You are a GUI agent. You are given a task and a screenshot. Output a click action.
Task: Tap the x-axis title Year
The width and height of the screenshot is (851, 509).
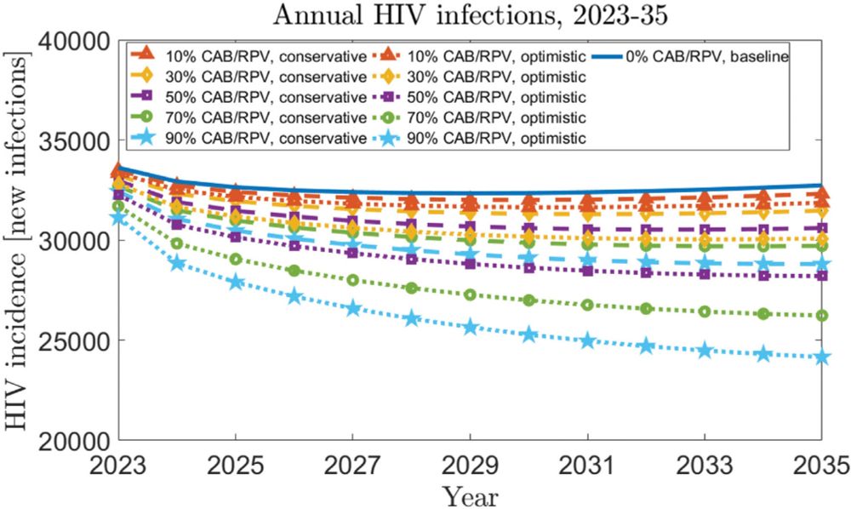click(469, 495)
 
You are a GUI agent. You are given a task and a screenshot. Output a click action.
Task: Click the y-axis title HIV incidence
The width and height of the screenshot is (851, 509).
click(15, 240)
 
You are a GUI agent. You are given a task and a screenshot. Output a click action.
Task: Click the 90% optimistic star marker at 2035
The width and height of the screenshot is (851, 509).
click(822, 357)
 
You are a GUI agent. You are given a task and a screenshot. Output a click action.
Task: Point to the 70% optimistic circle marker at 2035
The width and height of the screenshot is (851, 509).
click(822, 316)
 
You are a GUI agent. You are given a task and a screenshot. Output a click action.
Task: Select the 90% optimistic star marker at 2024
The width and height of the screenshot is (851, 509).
click(177, 263)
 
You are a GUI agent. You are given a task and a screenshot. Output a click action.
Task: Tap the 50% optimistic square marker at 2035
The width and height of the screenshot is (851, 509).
click(822, 276)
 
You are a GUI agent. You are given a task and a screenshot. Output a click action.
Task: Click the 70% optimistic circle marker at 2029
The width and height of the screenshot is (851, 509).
click(470, 295)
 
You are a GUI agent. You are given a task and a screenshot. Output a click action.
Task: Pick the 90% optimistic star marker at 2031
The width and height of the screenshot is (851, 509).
click(587, 340)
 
